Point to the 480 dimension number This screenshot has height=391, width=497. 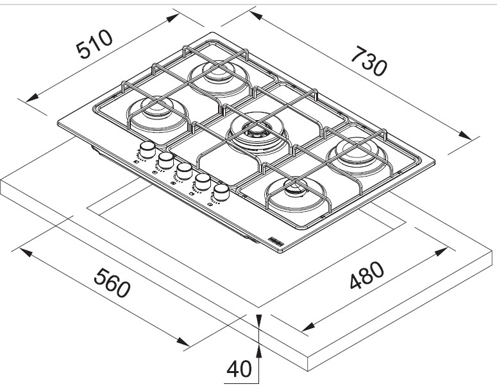click(x=367, y=277)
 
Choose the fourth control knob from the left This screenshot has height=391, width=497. click(x=204, y=180)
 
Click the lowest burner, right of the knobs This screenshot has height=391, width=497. click(x=296, y=192)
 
